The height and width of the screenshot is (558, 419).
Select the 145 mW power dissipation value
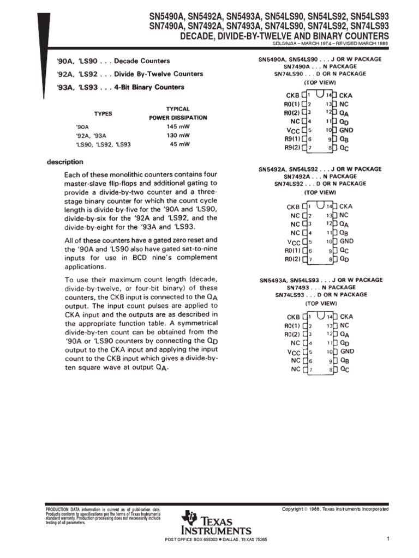pyautogui.click(x=178, y=126)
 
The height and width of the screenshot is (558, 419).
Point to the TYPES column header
pyautogui.click(x=103, y=113)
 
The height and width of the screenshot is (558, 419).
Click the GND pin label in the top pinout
pyautogui.click(x=346, y=130)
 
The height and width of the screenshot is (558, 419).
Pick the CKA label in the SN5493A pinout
pyautogui.click(x=346, y=316)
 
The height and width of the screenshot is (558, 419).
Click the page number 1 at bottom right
pyautogui.click(x=387, y=539)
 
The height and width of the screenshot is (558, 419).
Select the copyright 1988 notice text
pyautogui.click(x=335, y=508)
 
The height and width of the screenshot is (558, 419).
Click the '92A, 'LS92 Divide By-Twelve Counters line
pyautogui.click(x=129, y=74)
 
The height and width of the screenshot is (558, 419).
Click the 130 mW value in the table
pyautogui.click(x=178, y=135)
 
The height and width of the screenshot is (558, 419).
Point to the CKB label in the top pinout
pyautogui.click(x=293, y=95)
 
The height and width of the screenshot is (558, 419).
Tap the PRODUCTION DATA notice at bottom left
pyautogui.click(x=103, y=515)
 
